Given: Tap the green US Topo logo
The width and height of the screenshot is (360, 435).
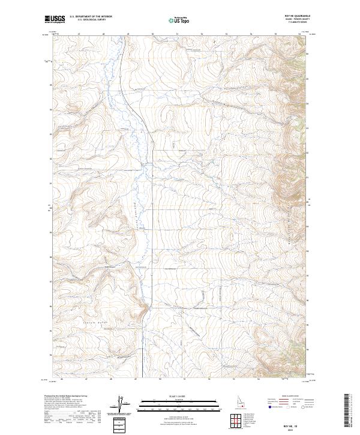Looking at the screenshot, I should (179, 20).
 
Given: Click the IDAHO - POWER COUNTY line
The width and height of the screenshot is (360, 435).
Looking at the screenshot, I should (296, 20).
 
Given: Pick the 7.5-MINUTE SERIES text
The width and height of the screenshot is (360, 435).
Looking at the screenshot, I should (297, 23).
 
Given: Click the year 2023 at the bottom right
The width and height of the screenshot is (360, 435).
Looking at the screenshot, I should (298, 430).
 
